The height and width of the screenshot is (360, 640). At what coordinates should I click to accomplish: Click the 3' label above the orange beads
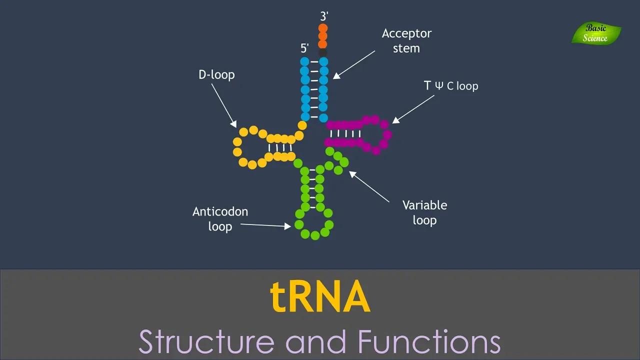point(324,16)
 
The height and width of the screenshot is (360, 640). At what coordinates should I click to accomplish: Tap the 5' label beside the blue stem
point(304,48)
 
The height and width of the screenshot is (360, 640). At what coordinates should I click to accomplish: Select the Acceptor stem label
point(406,41)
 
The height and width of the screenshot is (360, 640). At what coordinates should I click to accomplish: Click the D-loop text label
point(216,75)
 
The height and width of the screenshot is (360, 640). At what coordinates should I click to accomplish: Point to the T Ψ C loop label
point(451,86)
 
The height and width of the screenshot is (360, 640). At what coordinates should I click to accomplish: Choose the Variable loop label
point(424,212)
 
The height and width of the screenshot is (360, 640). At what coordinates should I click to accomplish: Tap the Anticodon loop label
point(220,219)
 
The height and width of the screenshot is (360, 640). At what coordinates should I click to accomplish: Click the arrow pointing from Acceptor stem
point(354,64)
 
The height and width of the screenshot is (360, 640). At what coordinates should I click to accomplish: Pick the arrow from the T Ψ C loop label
point(413,108)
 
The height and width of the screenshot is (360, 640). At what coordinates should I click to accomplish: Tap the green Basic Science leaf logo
point(596,33)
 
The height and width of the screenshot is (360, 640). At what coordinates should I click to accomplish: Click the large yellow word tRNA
point(320,297)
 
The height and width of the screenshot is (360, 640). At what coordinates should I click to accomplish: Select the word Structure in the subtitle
point(206,342)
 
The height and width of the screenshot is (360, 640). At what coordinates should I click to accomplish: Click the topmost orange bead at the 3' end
point(323,28)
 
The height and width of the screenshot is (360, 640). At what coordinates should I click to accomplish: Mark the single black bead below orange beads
point(323,52)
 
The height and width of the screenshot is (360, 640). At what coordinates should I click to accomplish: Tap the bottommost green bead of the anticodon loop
point(315,235)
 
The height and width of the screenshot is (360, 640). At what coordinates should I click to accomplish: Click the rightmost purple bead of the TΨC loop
point(386,135)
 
